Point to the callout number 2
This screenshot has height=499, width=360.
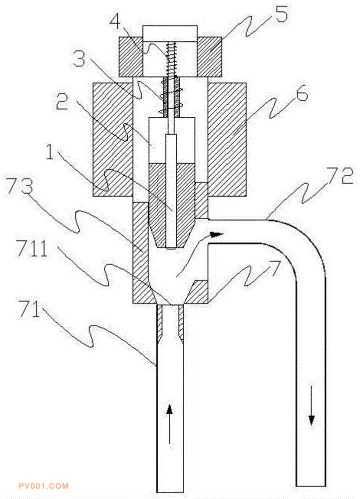(x=62, y=101)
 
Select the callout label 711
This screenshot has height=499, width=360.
(x=32, y=249)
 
